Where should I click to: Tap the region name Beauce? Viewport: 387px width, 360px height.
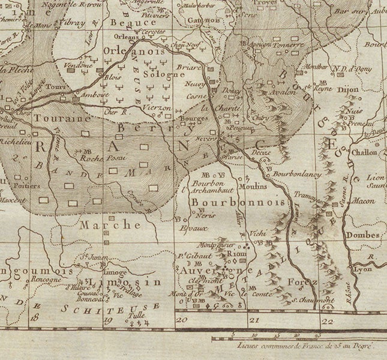pyautogui.click(x=129, y=21)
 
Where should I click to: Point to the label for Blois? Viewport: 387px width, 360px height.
pyautogui.click(x=113, y=77)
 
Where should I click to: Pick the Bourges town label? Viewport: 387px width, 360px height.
pyautogui.click(x=189, y=119)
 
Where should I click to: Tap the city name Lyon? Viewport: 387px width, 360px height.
pyautogui.click(x=363, y=269)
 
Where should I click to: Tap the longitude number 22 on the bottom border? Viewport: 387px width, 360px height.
pyautogui.click(x=327, y=322)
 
